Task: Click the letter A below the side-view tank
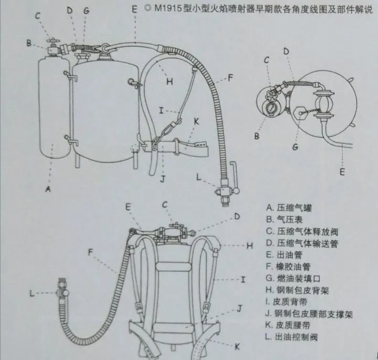point(48,189)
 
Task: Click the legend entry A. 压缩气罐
point(289,208)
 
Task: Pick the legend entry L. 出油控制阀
point(291,337)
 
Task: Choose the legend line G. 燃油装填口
point(293,279)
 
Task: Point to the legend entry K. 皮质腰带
point(288,325)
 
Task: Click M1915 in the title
point(168,8)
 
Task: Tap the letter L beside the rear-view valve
point(32,293)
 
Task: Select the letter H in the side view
point(170,81)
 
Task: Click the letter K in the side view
point(196,121)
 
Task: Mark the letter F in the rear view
point(90,252)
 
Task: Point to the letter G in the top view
point(295,147)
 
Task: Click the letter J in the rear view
point(239,308)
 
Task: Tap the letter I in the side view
point(161,111)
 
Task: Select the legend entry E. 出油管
point(284,255)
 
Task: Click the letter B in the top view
point(257,136)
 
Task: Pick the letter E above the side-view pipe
point(134,9)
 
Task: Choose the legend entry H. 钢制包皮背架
point(297,290)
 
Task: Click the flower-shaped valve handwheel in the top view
point(271,95)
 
